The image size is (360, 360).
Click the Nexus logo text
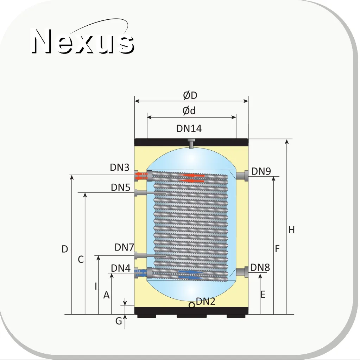[83, 42]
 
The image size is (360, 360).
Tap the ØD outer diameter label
[190, 95]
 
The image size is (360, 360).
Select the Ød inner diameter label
[189, 110]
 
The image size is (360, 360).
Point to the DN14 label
[189, 128]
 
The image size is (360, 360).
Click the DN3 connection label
[120, 168]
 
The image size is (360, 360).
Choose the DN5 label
[121, 187]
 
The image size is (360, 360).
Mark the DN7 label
[124, 247]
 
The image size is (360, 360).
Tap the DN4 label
[121, 268]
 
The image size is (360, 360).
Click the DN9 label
[261, 171]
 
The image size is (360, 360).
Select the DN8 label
[260, 267]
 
